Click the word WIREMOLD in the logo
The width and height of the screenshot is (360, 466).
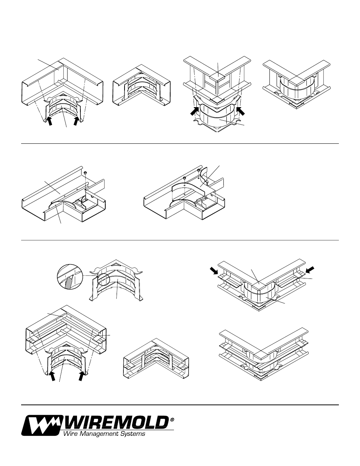117,423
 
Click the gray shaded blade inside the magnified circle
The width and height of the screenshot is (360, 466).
68,282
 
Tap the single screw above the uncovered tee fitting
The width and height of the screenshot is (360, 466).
85,173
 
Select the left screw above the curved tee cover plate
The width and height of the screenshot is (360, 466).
184,178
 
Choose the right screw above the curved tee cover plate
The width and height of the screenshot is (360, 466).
198,171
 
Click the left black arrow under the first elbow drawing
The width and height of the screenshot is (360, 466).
49,121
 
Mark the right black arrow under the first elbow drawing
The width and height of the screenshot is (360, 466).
76,121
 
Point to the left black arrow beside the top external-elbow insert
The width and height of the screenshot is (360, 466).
194,111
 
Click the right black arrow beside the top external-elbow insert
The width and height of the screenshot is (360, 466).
241,111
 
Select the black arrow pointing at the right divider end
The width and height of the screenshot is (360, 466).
310,269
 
